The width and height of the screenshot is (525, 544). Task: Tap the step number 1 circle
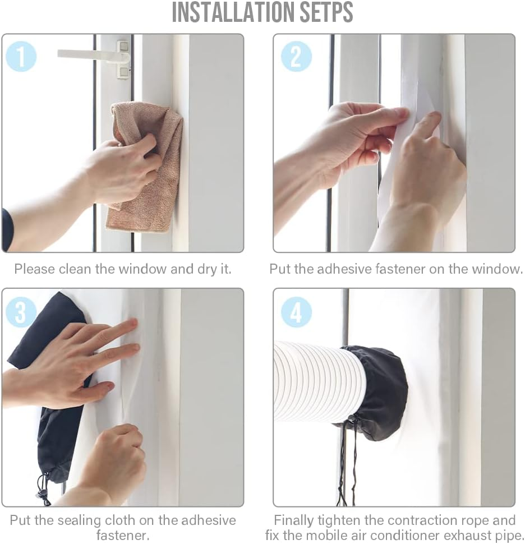pos(21,56)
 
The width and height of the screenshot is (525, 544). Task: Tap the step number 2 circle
pos(296,56)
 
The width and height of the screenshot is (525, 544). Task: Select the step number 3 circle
pos(20,311)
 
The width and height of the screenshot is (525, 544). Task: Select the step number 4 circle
pos(296,312)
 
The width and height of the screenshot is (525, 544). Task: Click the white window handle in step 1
pos(94,56)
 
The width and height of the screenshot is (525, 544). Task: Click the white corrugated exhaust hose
pos(319,381)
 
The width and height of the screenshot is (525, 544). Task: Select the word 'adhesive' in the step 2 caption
pos(344,269)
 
